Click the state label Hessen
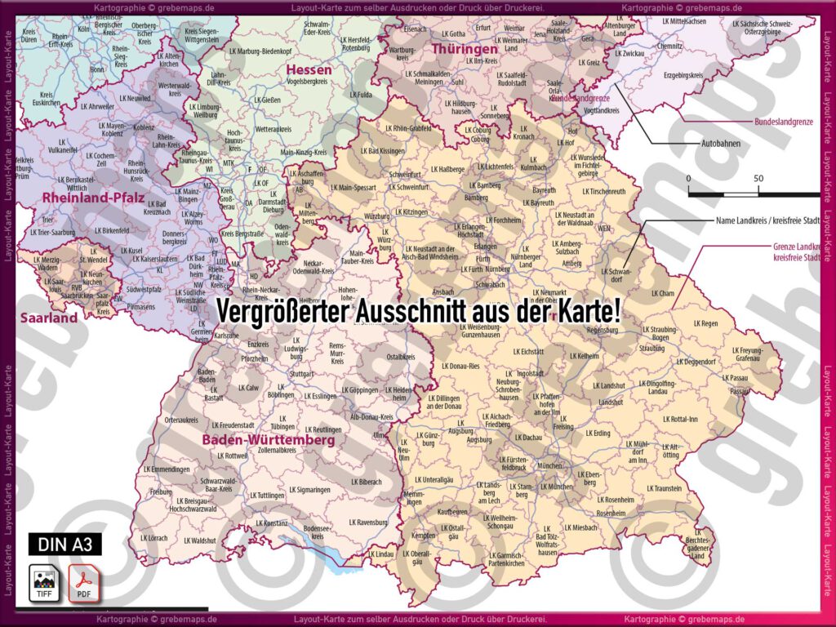(309, 70)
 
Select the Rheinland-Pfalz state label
(93, 198)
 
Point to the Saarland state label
(48, 318)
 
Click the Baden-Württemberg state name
(269, 440)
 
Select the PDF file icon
(82, 581)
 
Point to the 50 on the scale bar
(758, 178)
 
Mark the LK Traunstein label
(664, 488)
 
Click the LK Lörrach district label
(153, 539)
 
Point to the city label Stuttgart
(302, 374)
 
